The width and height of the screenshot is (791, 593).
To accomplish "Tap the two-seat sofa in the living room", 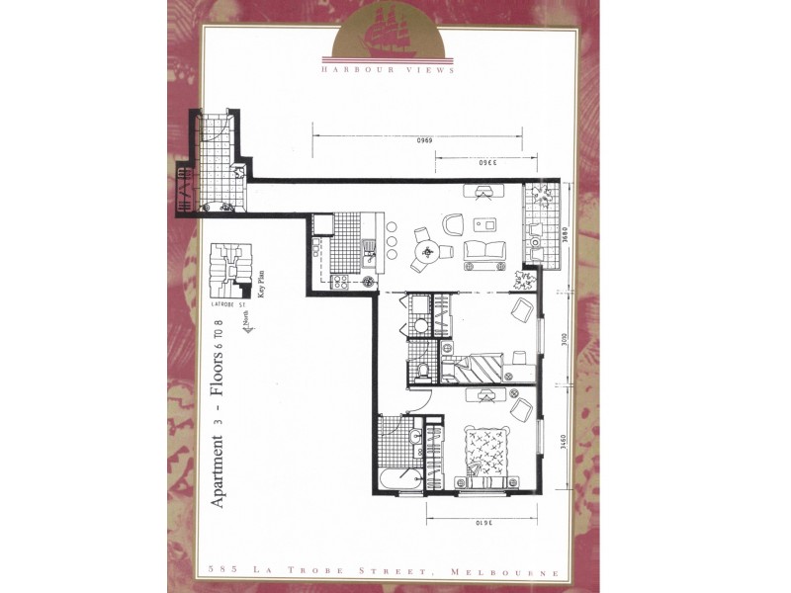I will coord(483,251).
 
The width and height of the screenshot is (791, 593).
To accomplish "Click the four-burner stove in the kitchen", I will coord(339,283).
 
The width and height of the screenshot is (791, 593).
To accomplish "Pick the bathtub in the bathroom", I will coord(396,480).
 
